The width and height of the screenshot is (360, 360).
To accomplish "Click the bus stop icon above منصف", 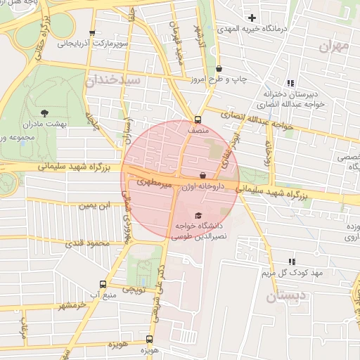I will (x=197, y=119).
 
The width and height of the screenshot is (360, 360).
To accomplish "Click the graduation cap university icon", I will (x=198, y=215).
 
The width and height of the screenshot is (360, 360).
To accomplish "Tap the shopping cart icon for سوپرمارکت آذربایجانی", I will (x=91, y=33).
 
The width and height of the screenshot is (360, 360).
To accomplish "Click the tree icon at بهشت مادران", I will (x=45, y=112).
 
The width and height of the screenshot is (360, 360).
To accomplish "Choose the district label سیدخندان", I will (x=112, y=81).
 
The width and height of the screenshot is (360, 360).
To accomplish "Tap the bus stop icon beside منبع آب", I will (x=103, y=284).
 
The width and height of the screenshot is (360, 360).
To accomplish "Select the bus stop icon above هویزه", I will (x=148, y=339).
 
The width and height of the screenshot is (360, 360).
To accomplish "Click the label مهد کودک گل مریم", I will (x=292, y=272).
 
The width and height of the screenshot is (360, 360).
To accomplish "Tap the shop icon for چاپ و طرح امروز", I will (x=220, y=69).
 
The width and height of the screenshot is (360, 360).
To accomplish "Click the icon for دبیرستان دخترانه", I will (x=291, y=83).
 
